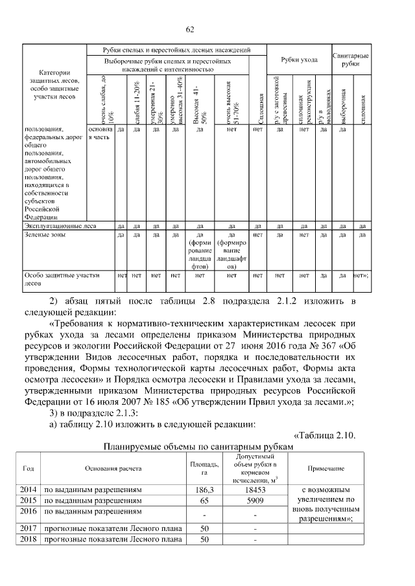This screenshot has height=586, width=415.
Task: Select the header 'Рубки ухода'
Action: click(299, 60)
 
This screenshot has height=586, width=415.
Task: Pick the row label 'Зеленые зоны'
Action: click(45, 235)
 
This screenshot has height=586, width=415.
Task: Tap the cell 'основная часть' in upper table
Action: click(100, 133)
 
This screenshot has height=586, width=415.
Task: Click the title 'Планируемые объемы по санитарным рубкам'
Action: click(199, 446)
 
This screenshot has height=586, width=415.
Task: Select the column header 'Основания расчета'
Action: click(112, 468)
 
